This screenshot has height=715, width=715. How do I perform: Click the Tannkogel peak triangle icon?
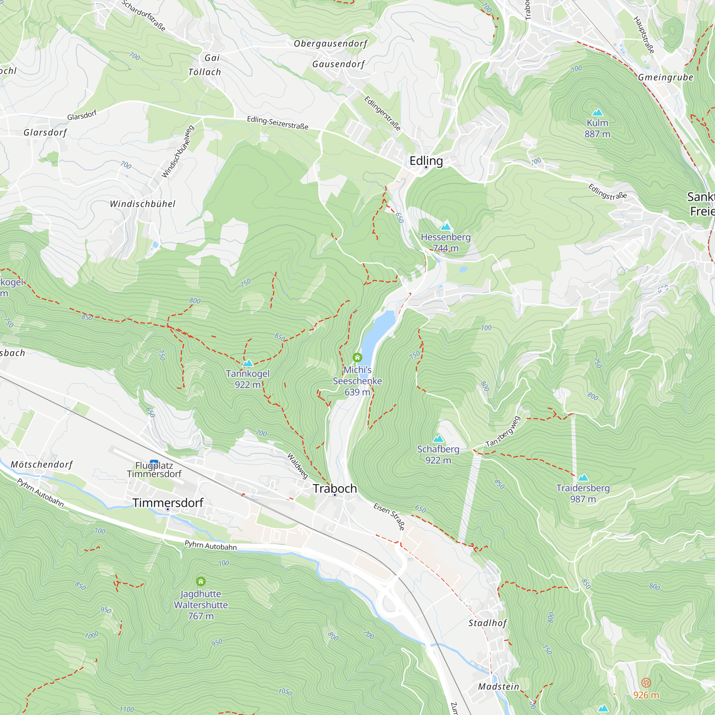[x=248, y=363]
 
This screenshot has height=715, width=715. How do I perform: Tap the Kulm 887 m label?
[x=597, y=128]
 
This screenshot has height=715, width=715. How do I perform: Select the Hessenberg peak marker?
[x=445, y=227]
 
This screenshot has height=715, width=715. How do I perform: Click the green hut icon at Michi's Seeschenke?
[x=357, y=357]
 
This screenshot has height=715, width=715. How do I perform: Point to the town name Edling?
[x=426, y=161]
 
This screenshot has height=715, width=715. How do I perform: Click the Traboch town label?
[x=335, y=488]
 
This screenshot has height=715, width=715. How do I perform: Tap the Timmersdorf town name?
[x=168, y=503]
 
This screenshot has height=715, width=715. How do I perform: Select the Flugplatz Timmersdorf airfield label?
[x=154, y=470]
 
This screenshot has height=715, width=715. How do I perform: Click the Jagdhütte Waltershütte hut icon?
[x=201, y=581]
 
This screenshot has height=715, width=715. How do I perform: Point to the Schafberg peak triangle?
[x=438, y=439]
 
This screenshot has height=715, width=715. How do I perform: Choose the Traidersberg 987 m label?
[x=583, y=493]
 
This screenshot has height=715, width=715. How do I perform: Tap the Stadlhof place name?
[x=487, y=623]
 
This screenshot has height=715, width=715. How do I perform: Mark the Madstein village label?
[x=498, y=686]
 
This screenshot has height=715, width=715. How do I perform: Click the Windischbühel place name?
[x=143, y=204]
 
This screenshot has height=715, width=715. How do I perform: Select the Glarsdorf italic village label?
[x=45, y=133]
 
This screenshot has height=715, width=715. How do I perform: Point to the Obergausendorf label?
[x=330, y=44]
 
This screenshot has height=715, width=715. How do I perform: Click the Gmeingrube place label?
[x=665, y=77]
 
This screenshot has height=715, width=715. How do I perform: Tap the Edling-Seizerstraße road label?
[x=277, y=123]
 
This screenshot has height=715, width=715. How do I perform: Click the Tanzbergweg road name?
[x=503, y=432]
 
